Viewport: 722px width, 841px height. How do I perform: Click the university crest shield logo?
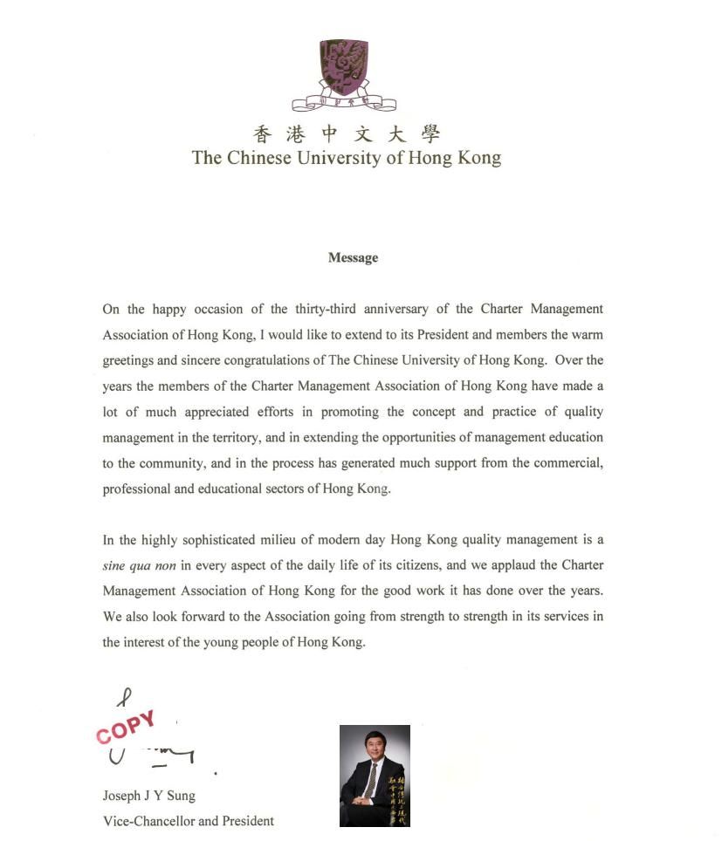(x=343, y=68)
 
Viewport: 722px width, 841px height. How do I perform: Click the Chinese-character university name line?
(x=347, y=134)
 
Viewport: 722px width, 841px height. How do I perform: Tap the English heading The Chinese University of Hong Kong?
(x=347, y=158)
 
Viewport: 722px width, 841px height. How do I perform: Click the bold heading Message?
(x=353, y=257)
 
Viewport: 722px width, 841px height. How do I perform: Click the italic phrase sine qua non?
(x=140, y=565)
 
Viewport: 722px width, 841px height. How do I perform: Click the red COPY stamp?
(x=126, y=727)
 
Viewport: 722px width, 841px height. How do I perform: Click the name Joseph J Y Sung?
(x=148, y=796)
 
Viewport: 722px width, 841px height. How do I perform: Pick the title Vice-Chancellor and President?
(x=188, y=821)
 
